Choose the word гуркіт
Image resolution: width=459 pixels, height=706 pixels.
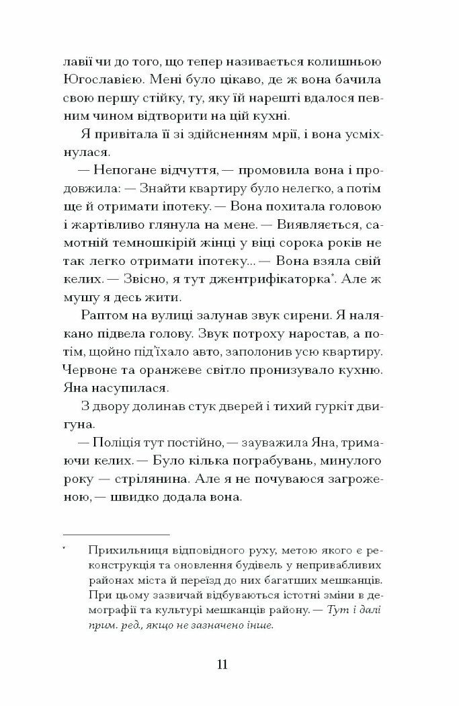[x=329, y=407]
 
